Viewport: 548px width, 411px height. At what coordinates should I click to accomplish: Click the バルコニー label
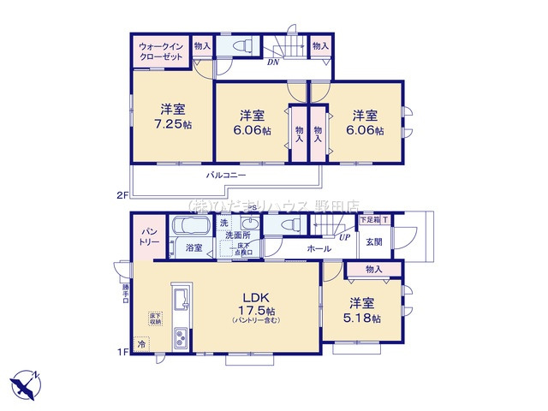(x=226, y=175)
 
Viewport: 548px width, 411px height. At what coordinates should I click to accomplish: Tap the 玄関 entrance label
(x=375, y=241)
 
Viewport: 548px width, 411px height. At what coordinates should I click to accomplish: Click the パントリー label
(x=143, y=236)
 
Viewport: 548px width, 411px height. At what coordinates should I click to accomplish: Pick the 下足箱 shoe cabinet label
(x=369, y=220)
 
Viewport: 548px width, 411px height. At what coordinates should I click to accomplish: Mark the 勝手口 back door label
(x=125, y=294)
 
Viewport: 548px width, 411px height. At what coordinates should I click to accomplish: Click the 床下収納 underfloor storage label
(x=156, y=319)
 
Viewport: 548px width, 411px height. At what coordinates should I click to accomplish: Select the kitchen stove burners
(x=183, y=338)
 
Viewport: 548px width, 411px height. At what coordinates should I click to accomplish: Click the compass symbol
(x=25, y=382)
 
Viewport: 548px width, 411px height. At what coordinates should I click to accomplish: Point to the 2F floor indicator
(x=122, y=195)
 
